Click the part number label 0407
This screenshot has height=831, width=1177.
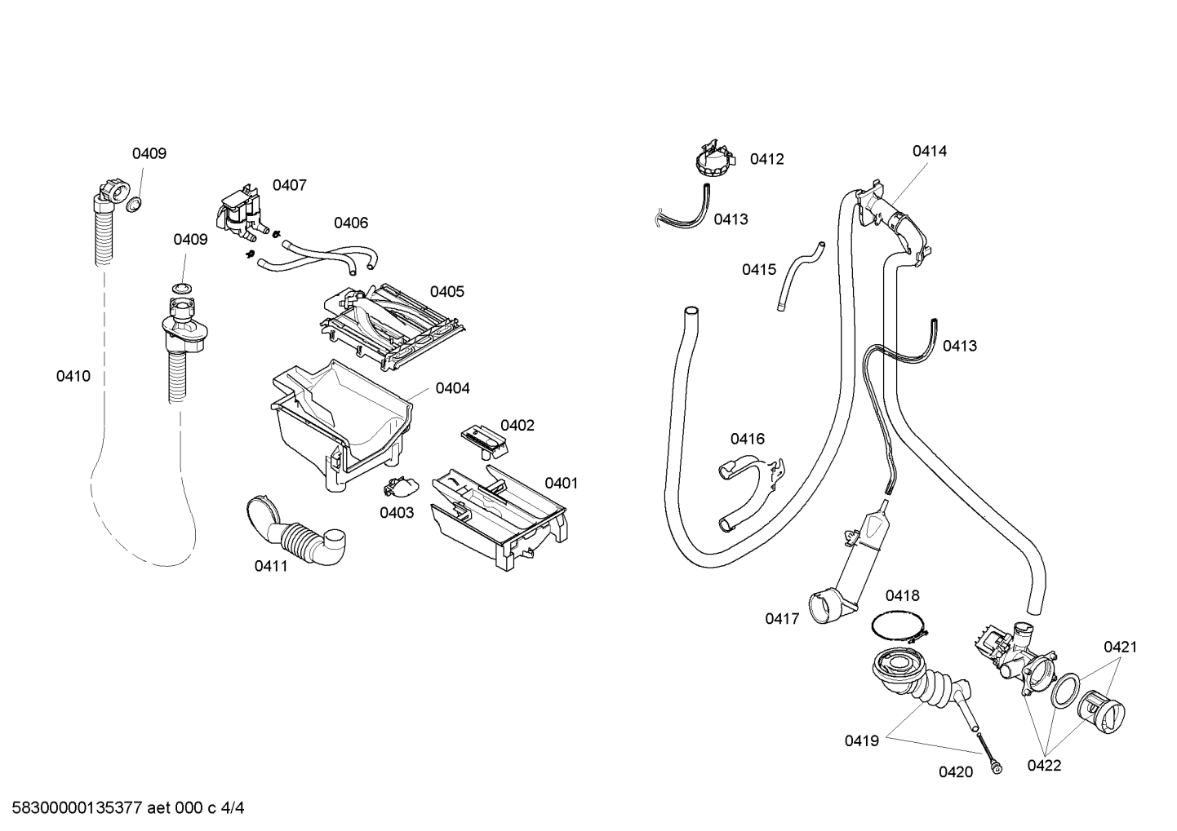point(289,185)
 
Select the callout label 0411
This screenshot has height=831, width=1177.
point(271,566)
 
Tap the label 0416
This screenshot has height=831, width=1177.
point(747,439)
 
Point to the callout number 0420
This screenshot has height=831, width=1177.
point(956,771)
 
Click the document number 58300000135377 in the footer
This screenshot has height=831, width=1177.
point(78,808)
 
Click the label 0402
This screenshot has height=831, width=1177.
point(517,425)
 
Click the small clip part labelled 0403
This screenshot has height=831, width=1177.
point(402,488)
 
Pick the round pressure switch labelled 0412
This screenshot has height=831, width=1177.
point(713,157)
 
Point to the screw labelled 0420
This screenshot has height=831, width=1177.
point(988,752)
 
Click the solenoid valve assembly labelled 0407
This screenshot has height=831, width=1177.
point(241,214)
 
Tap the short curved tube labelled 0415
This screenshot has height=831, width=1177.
point(800,277)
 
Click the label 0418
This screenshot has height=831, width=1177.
point(902,595)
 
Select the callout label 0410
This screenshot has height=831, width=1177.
point(73,376)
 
